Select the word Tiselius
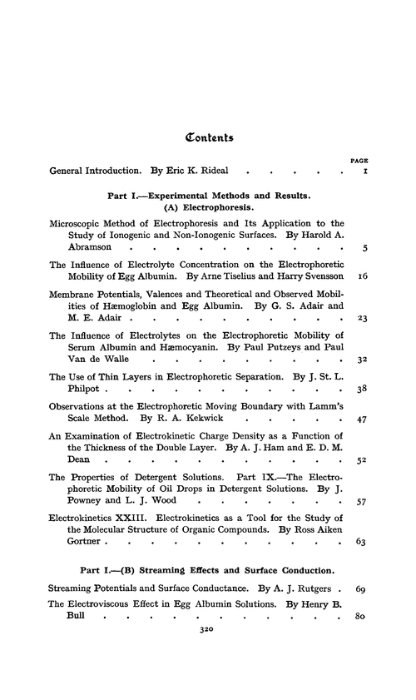coord(253,274)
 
